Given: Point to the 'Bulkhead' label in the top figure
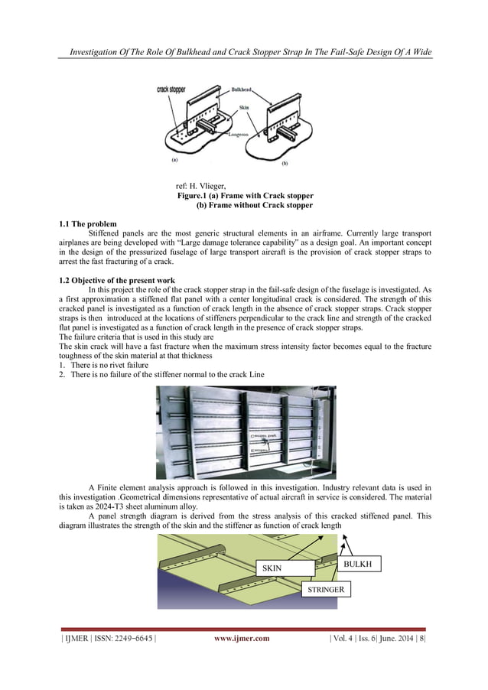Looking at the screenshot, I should [242, 90].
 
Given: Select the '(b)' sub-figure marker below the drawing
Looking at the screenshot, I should [285, 164].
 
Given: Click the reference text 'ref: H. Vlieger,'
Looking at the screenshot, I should [206, 186].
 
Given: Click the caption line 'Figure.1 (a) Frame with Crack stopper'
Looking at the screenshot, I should [245, 196].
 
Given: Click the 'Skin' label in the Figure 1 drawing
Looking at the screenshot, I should [244, 108].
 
